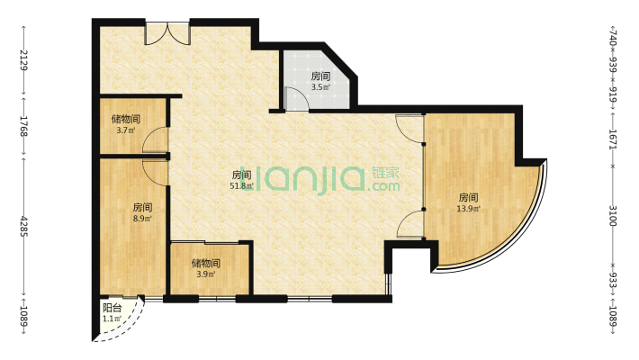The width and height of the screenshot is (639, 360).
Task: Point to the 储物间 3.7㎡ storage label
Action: pyautogui.click(x=126, y=124)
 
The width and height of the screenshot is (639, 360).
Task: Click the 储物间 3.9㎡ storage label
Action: pyautogui.click(x=206, y=268)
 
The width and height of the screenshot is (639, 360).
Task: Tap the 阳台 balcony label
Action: pyautogui.click(x=112, y=308)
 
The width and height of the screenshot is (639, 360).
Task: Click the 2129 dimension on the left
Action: pyautogui.click(x=23, y=60)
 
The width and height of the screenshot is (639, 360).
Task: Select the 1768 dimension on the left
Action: pyautogui.click(x=23, y=126)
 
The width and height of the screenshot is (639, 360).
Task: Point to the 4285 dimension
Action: pyautogui.click(x=23, y=226)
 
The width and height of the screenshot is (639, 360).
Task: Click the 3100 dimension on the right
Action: pyautogui.click(x=613, y=216)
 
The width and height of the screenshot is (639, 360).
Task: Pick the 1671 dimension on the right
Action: pyautogui.click(x=613, y=139)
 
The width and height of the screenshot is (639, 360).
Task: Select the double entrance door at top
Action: pyautogui.click(x=167, y=33)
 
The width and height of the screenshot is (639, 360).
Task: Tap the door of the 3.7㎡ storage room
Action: pyautogui.click(x=156, y=140)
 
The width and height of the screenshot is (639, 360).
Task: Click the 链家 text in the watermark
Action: pyautogui.click(x=385, y=173)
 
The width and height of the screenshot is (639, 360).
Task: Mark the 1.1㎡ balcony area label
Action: pyautogui.click(x=112, y=319)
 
